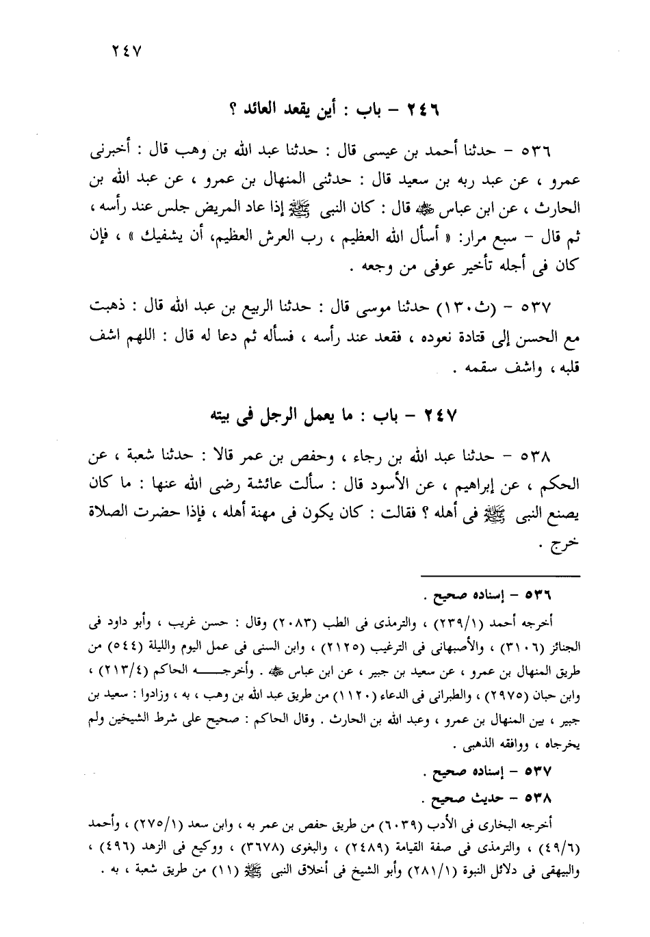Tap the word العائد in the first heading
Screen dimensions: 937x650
[263, 107]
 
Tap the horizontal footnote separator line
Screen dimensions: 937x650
[499, 577]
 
